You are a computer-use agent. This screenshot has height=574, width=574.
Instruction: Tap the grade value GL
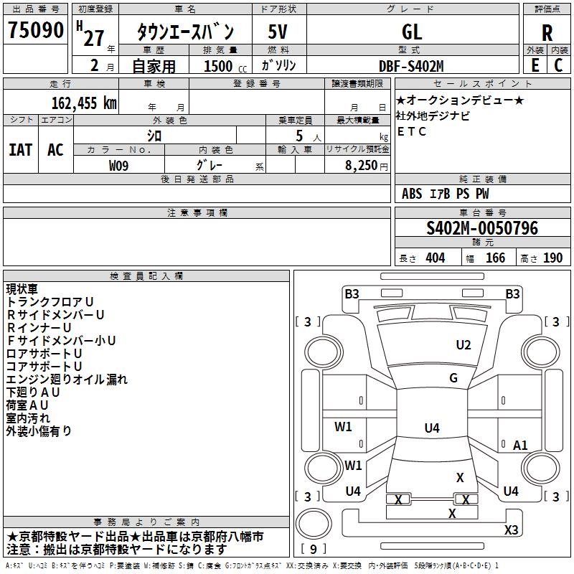point(412,32)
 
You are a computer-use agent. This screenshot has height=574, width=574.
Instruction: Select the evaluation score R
point(547,33)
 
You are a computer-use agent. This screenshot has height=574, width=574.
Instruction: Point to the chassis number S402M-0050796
point(481,229)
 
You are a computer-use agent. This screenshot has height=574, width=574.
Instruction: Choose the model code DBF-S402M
point(411,65)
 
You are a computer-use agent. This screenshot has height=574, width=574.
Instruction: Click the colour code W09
point(120,166)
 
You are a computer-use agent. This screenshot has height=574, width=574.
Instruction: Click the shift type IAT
point(21,150)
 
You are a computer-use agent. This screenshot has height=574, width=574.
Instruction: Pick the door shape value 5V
point(278,32)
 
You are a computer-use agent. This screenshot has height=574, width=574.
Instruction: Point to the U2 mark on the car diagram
point(464,345)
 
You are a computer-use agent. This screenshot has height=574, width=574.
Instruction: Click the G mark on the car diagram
point(453,378)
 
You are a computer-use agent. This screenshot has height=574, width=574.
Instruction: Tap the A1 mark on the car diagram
point(520,446)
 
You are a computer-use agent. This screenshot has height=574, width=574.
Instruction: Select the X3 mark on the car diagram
point(511,530)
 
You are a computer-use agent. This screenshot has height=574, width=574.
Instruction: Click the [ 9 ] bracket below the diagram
point(313,549)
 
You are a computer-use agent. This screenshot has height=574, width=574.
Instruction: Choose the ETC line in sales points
point(412,131)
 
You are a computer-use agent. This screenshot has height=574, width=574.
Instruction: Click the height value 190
point(552,258)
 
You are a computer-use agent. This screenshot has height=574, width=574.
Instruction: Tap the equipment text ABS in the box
point(412,194)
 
